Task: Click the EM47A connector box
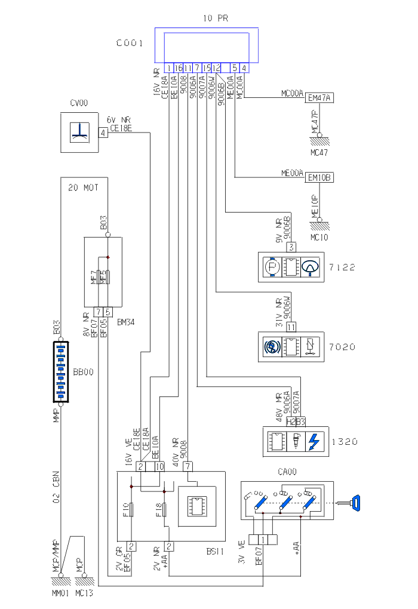click(319, 98)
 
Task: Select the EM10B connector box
click(319, 177)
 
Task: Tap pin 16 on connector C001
click(179, 67)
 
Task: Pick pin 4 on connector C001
click(244, 67)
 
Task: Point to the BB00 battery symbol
click(61, 371)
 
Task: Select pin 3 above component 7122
click(291, 247)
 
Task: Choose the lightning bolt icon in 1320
click(315, 442)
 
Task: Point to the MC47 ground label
click(319, 152)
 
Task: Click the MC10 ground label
click(319, 237)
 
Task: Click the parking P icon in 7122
click(272, 267)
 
